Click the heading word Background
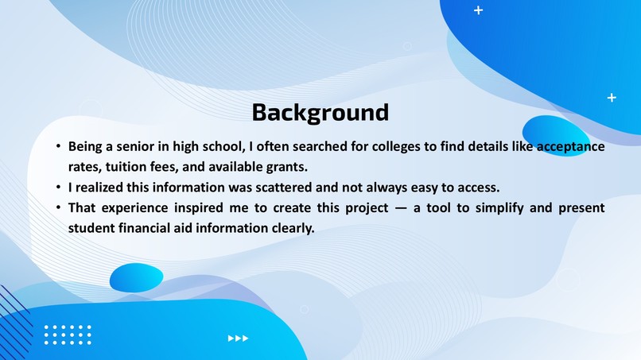[x=320, y=112]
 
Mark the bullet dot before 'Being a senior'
[x=58, y=148]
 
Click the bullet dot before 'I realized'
[x=58, y=188]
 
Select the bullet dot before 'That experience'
[x=58, y=208]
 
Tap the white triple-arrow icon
[x=238, y=339]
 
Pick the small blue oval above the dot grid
[x=136, y=277]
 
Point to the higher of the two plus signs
[x=478, y=10]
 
